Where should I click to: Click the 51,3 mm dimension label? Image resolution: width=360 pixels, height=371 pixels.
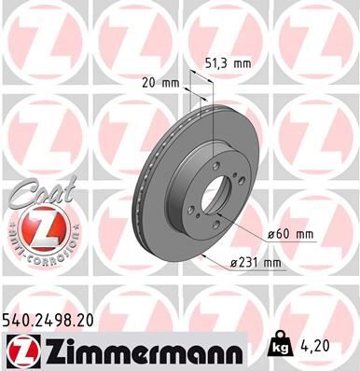click(x=227, y=64)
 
